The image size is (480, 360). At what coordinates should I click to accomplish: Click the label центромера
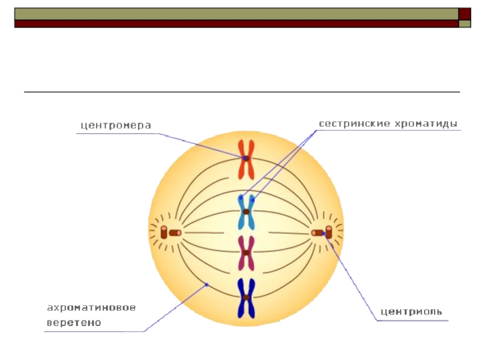pos(115,125)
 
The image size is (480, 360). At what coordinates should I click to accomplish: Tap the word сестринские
pos(354,124)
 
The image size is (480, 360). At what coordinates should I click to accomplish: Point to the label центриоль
pos(412,311)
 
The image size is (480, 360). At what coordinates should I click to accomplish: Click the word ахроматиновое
pos(91,308)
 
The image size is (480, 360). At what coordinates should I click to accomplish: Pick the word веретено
pos(74,322)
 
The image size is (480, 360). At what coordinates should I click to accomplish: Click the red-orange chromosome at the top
pos(246,159)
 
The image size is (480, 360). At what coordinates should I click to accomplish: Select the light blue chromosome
pos(246,212)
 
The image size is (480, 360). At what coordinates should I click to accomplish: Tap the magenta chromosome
pos(246,253)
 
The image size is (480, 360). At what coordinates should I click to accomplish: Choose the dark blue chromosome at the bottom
pos(246,298)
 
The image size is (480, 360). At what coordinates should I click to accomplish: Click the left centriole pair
pos(170,232)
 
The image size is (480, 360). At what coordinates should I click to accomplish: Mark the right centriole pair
pos(322,232)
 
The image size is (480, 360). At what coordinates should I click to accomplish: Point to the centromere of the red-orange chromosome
pos(246,158)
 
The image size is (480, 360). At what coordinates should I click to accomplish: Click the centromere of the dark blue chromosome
pos(246,298)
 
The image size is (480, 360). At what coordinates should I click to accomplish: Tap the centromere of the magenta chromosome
pos(246,253)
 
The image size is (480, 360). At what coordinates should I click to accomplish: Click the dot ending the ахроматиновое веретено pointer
pos(206,284)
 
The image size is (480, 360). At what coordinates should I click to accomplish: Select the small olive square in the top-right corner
pos(464,24)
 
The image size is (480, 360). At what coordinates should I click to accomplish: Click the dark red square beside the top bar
pos(464,14)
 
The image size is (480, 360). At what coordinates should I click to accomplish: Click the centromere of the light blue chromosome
pos(246,212)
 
